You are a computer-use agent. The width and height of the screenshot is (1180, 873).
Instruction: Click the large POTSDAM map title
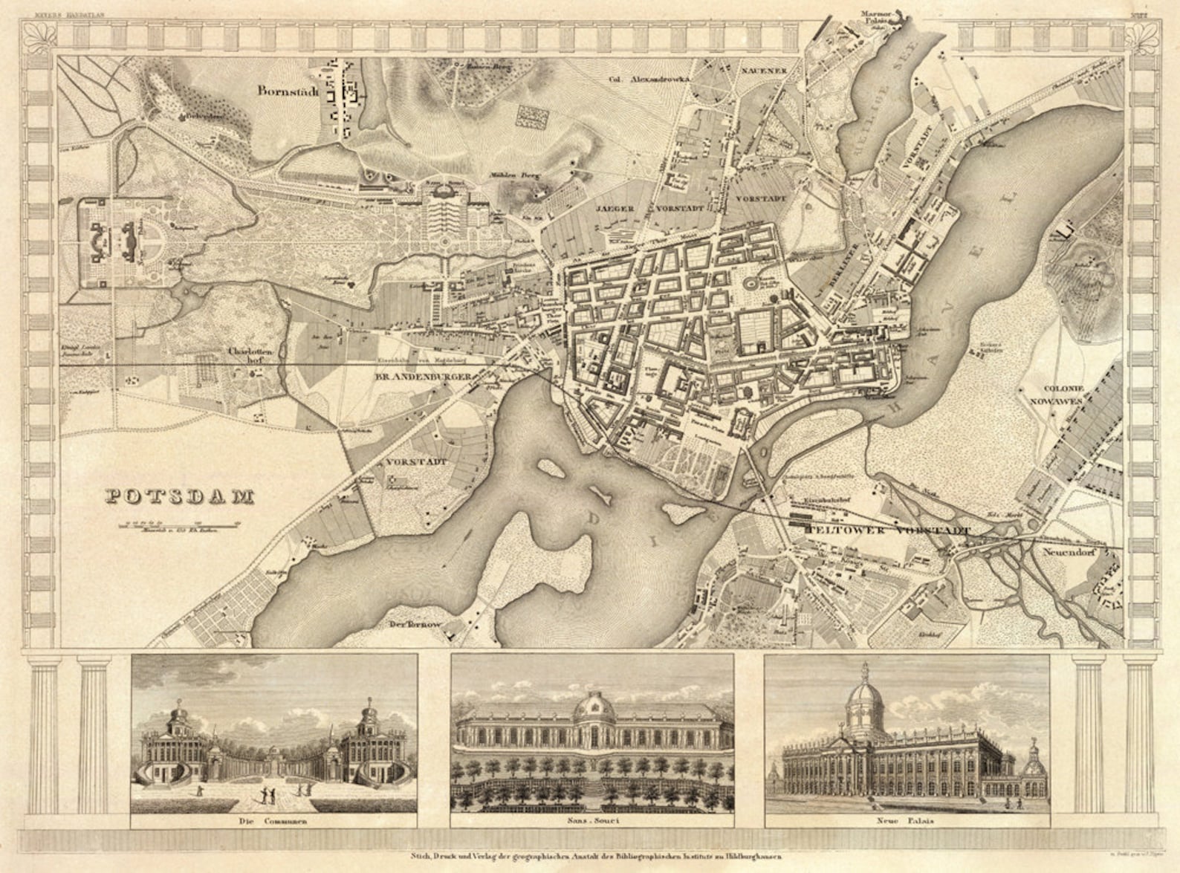point(179,496)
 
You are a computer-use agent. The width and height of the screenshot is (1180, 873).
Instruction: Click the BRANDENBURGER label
point(424,378)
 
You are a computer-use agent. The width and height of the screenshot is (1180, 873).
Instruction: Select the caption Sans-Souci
point(591,821)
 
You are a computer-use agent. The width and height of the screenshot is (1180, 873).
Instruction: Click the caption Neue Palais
point(907,821)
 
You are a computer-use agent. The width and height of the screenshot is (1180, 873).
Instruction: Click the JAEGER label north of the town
point(613,209)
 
